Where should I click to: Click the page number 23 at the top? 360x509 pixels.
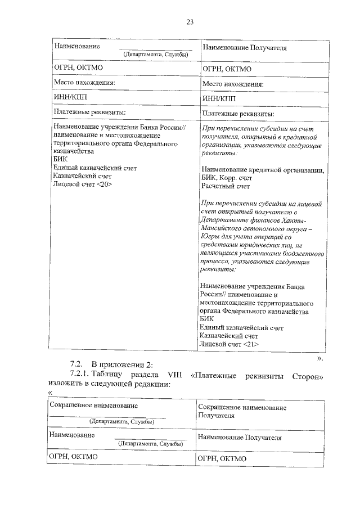(x=190, y=22)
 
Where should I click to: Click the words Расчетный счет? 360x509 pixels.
(x=225, y=186)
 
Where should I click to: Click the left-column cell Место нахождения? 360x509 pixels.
(x=84, y=83)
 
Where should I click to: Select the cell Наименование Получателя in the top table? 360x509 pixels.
(x=244, y=48)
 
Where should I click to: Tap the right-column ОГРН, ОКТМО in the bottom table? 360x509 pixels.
(x=222, y=458)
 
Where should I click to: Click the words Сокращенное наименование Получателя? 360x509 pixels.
(x=242, y=411)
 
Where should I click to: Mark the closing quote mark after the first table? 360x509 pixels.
(x=319, y=356)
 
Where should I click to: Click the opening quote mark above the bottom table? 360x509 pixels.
(x=51, y=392)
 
